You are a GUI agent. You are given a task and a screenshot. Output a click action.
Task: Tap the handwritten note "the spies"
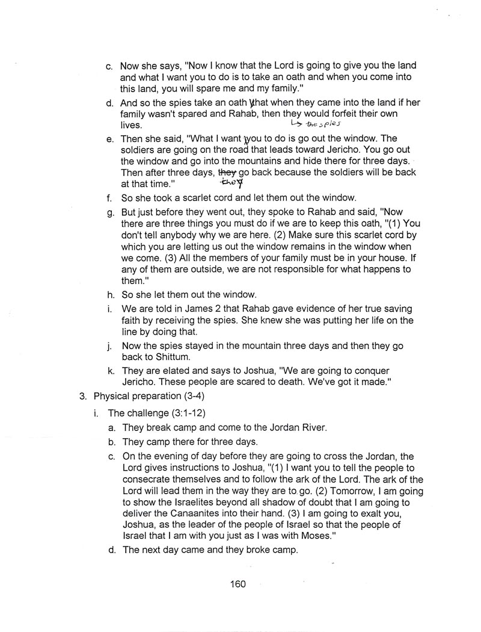[322, 125]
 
